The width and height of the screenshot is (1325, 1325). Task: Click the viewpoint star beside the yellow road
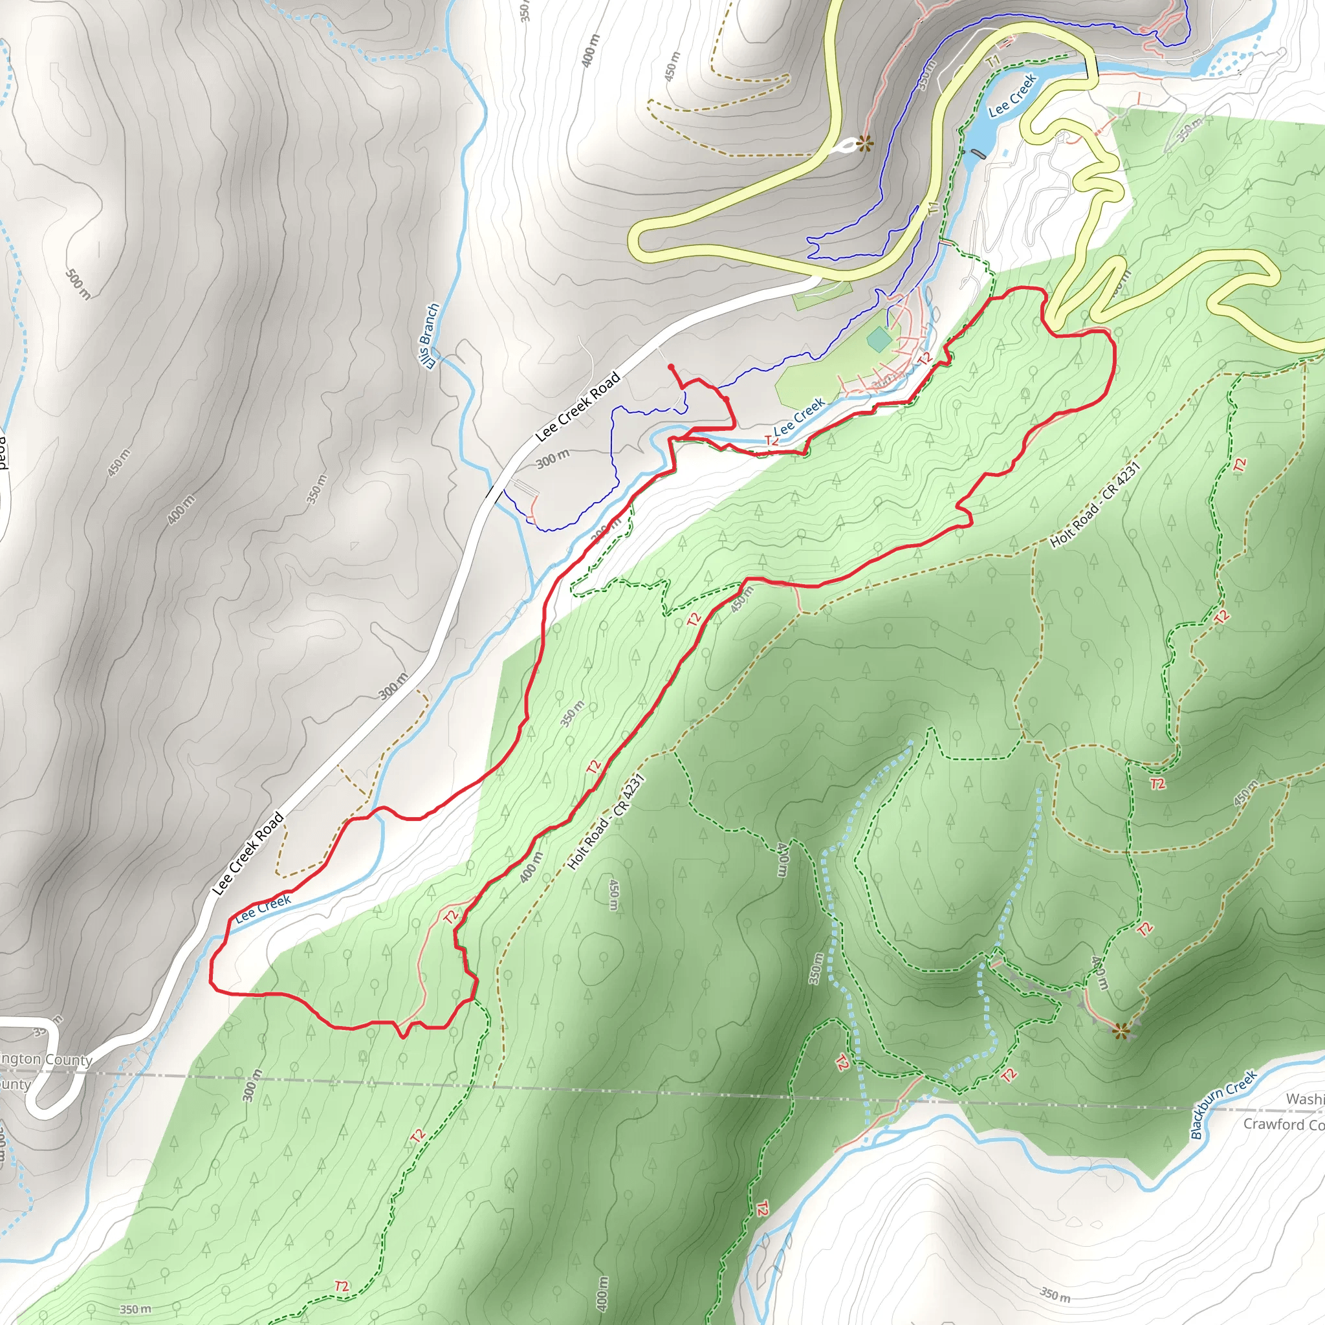click(865, 144)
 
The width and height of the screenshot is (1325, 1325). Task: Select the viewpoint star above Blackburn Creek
click(1121, 1031)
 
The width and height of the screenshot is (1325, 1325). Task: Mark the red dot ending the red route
click(670, 367)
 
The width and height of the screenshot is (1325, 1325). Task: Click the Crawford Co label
click(1282, 1124)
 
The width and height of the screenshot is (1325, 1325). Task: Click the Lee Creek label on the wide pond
click(1013, 95)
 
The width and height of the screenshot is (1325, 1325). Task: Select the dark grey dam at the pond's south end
click(976, 152)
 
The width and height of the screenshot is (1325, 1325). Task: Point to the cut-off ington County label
click(45, 1060)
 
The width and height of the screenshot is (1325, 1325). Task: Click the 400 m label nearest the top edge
click(590, 50)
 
